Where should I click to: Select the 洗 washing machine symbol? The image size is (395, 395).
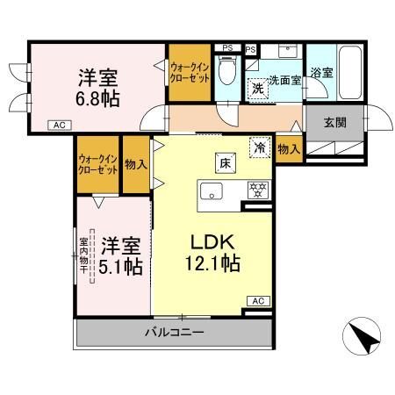click(258, 88)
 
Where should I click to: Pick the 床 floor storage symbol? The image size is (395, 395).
click(223, 160)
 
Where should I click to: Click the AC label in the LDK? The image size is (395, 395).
click(258, 301)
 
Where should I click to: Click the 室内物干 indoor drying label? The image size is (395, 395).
click(84, 252)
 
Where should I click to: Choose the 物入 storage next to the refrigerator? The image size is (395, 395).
click(288, 149)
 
